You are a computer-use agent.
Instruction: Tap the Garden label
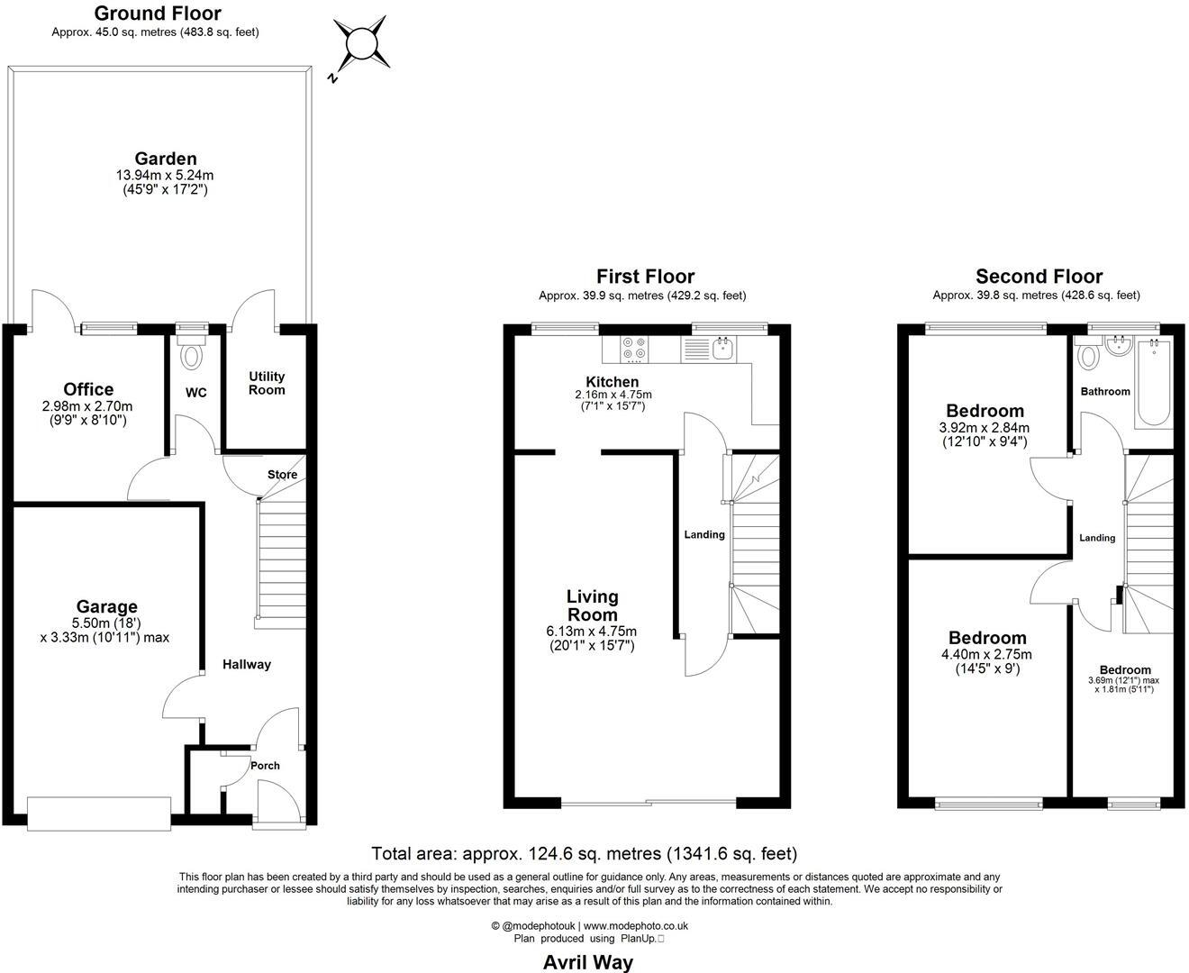pyautogui.click(x=166, y=159)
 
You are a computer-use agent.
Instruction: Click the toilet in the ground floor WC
pyautogui.click(x=192, y=355)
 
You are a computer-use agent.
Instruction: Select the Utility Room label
pyautogui.click(x=267, y=383)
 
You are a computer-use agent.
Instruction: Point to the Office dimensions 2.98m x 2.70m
pyautogui.click(x=88, y=406)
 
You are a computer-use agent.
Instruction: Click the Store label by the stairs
pyautogui.click(x=282, y=475)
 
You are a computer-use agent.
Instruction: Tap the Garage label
pyautogui.click(x=106, y=606)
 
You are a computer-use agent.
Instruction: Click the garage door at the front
pyautogui.click(x=99, y=814)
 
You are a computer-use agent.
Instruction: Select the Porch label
pyautogui.click(x=265, y=766)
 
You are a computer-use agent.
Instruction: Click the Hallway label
pyautogui.click(x=247, y=664)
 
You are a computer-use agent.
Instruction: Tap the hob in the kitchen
pyautogui.click(x=633, y=349)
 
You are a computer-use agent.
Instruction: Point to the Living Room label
pyautogui.click(x=593, y=605)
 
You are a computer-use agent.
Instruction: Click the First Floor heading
pyautogui.click(x=645, y=277)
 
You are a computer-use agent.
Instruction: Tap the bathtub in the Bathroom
pyautogui.click(x=1154, y=383)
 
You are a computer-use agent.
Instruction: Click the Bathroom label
pyautogui.click(x=1105, y=391)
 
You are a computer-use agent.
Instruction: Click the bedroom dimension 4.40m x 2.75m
pyautogui.click(x=987, y=655)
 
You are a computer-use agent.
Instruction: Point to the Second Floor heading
pyautogui.click(x=1039, y=277)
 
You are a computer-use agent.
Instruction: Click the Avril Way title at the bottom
pyautogui.click(x=587, y=962)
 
